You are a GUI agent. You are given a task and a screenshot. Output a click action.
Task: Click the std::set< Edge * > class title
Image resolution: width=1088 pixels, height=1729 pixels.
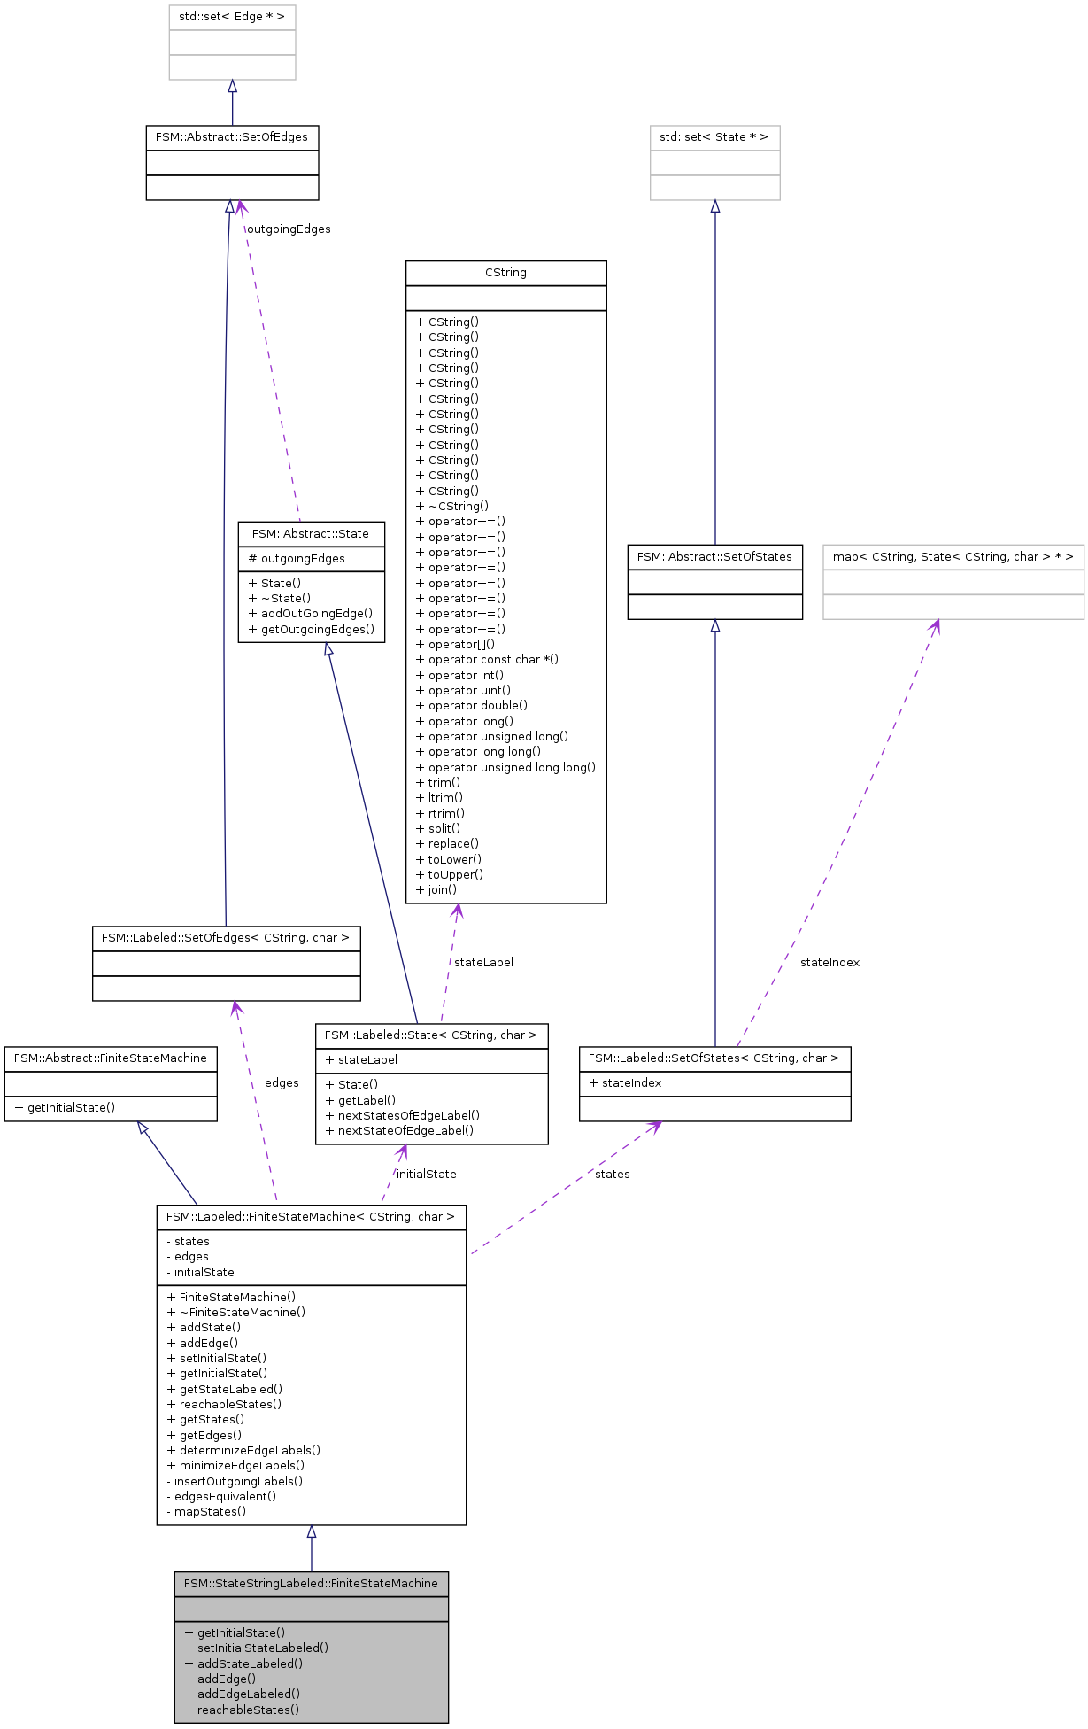pyautogui.click(x=232, y=17)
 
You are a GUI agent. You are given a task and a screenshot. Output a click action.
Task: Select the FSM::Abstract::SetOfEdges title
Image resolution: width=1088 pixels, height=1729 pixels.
pyautogui.click(x=232, y=137)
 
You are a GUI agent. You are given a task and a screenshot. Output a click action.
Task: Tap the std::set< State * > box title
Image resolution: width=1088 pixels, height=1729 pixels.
pyautogui.click(x=714, y=137)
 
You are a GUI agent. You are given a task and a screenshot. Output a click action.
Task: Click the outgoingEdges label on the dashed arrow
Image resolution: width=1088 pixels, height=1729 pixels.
pyautogui.click(x=289, y=229)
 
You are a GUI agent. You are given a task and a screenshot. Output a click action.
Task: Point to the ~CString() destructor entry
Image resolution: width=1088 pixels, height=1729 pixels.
pyautogui.click(x=452, y=507)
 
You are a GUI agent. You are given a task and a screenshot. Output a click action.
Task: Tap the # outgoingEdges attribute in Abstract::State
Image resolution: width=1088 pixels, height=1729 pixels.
pyautogui.click(x=297, y=559)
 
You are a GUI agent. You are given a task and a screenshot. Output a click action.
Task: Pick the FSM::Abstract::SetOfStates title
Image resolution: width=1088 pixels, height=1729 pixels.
pyautogui.click(x=714, y=557)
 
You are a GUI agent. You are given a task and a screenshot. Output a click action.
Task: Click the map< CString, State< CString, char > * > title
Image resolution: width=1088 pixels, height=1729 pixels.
pyautogui.click(x=953, y=557)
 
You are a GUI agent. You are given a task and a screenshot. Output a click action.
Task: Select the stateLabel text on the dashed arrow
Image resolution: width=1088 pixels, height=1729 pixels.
pyautogui.click(x=483, y=963)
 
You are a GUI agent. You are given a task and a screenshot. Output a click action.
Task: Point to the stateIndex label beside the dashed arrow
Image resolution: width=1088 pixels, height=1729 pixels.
pyautogui.click(x=830, y=963)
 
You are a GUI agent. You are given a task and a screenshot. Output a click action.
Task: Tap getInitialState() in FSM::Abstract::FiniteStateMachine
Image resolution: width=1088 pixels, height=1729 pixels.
pyautogui.click(x=66, y=1108)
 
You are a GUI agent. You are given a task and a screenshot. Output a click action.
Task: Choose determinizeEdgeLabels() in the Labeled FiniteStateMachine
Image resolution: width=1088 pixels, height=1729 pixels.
pyautogui.click(x=243, y=1451)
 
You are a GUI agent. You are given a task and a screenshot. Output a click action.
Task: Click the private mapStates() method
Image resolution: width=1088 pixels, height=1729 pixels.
pyautogui.click(x=206, y=1512)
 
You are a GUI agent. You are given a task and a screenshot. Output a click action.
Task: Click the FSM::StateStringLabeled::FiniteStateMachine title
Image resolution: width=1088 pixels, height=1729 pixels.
pyautogui.click(x=311, y=1584)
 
